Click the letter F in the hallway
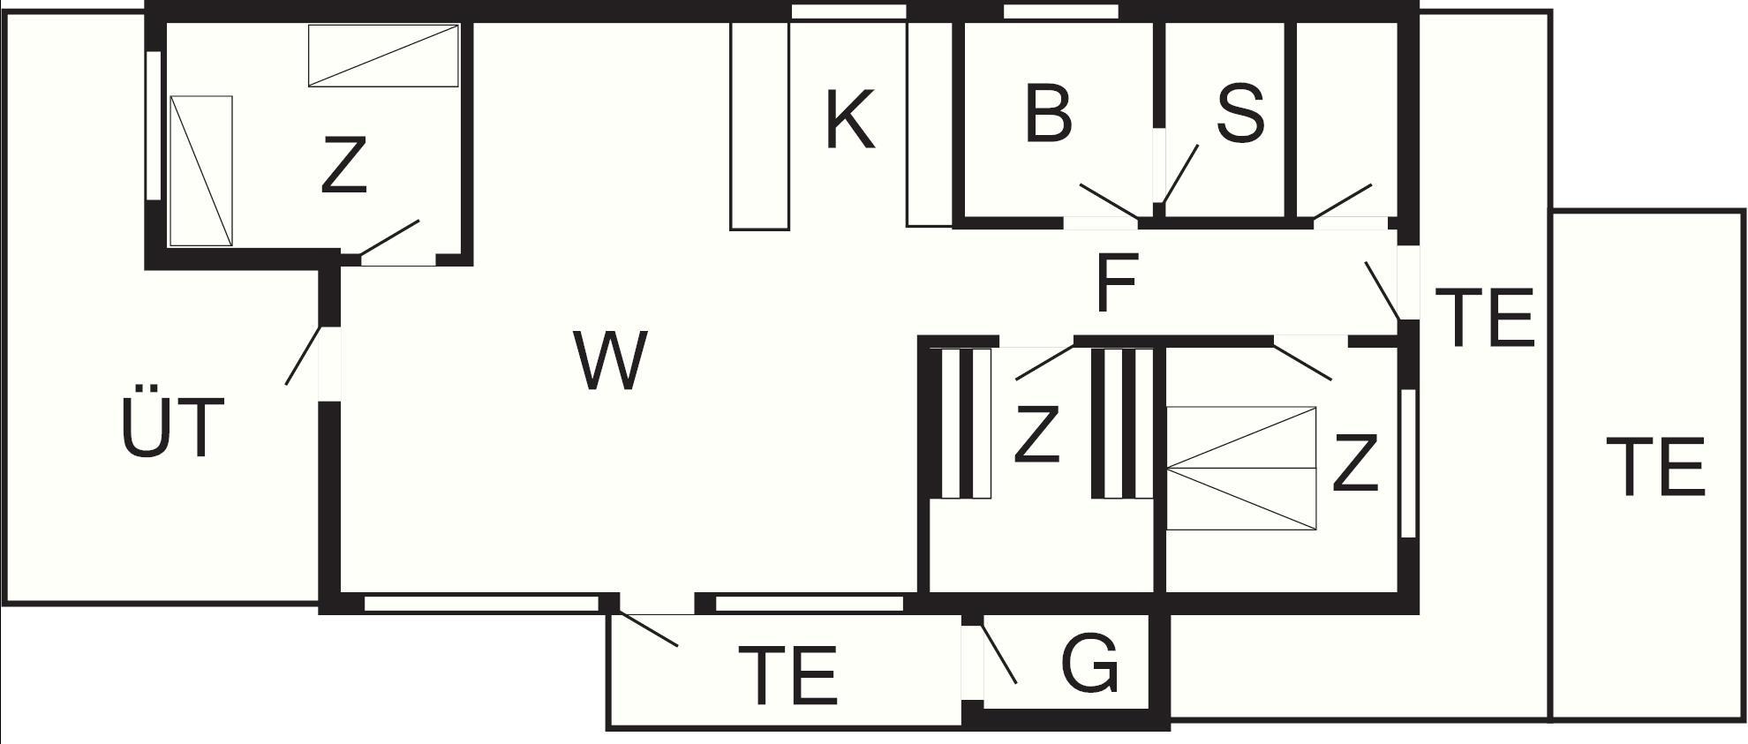point(1116,283)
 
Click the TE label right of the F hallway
point(1484,318)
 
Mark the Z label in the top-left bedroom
point(343,165)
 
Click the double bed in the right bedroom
point(1240,469)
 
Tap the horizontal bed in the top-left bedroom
point(383,56)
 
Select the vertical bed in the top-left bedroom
point(201,170)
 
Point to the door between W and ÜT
point(303,355)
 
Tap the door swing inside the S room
point(1180,175)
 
